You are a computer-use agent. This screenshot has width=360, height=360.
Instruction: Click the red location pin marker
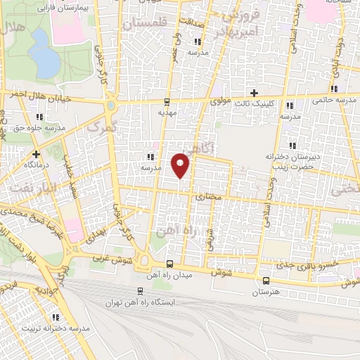point(181,165)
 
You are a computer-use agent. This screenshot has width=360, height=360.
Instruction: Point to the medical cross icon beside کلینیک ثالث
point(255,93)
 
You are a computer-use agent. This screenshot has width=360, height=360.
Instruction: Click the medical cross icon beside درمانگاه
point(36,153)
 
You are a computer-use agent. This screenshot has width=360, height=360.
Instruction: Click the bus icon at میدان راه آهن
point(169,264)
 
